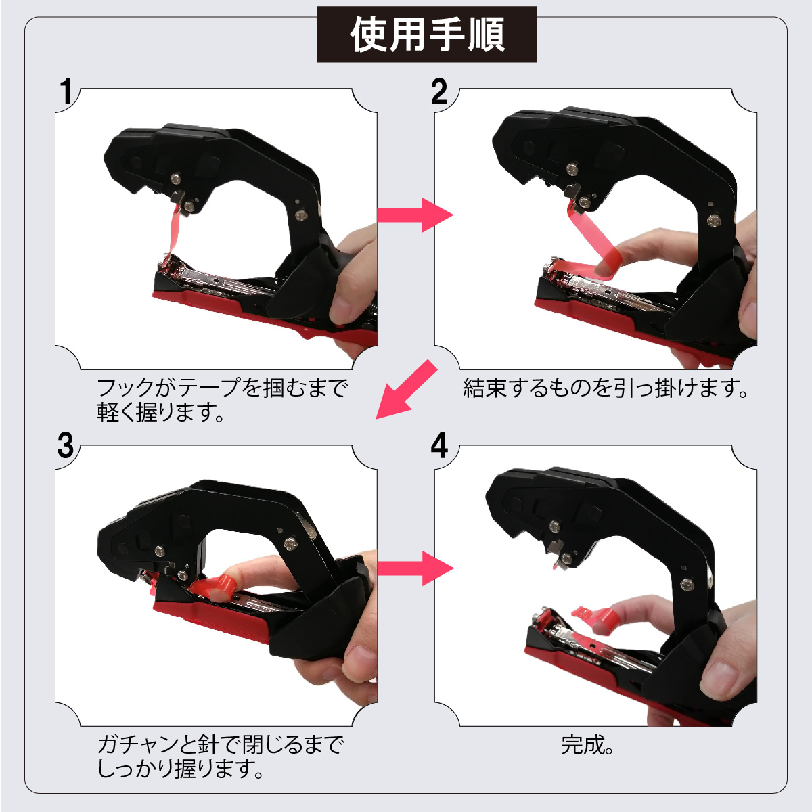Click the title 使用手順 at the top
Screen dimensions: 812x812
click(427, 35)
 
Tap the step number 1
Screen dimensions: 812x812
click(66, 91)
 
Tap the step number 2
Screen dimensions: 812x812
click(438, 92)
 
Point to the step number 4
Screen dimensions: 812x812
click(439, 446)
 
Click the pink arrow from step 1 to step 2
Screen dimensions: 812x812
click(415, 215)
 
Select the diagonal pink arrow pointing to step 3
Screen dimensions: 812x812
click(407, 389)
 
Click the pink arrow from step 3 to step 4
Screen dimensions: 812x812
click(415, 568)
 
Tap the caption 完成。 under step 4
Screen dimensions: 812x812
click(587, 745)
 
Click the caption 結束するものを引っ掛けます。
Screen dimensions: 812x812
click(605, 388)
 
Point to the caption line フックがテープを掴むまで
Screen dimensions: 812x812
click(223, 388)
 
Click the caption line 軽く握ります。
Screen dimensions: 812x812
click(160, 412)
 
